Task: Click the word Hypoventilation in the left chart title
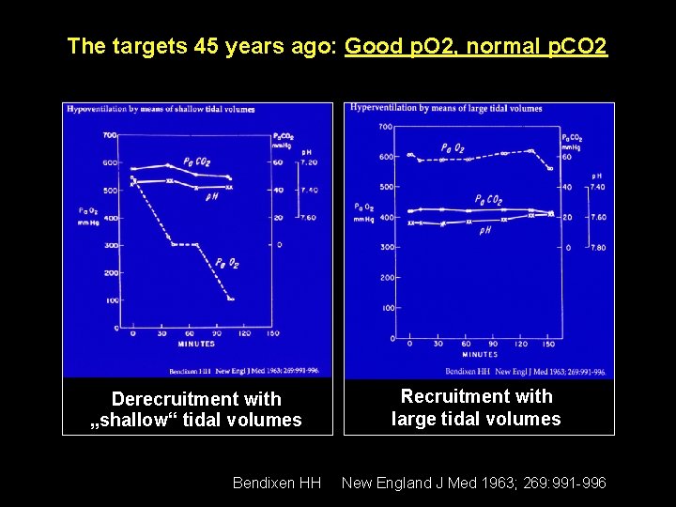click(98, 109)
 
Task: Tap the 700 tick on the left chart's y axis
click(109, 135)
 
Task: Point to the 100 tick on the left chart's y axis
click(111, 300)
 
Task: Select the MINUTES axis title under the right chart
click(480, 355)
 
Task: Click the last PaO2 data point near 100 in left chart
click(231, 300)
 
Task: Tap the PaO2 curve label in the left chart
click(226, 264)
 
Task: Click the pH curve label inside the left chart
click(212, 196)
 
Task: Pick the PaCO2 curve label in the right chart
click(488, 200)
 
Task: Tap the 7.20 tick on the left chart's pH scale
click(309, 162)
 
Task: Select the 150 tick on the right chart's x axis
click(550, 345)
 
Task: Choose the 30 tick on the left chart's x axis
click(161, 334)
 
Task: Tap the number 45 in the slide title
click(207, 46)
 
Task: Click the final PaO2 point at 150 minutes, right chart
click(550, 169)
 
